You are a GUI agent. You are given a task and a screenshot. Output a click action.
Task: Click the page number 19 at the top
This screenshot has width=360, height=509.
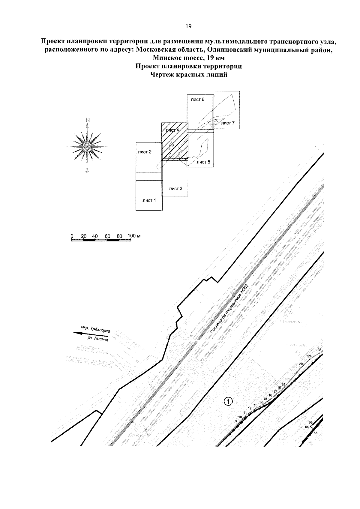[x=188, y=26]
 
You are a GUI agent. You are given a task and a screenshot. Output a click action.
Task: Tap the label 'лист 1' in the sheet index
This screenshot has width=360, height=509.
[x=149, y=200]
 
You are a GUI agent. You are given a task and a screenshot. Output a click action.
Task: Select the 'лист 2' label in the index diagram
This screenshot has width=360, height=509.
[x=145, y=152]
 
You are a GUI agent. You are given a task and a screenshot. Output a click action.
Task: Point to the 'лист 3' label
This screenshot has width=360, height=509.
[x=175, y=189]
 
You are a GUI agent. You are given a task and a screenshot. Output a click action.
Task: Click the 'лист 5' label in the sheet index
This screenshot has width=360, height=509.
[x=203, y=162]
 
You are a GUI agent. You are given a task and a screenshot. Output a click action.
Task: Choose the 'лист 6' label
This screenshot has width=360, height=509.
[x=197, y=99]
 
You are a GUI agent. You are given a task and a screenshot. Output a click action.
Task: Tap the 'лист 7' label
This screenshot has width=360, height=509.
[x=227, y=123]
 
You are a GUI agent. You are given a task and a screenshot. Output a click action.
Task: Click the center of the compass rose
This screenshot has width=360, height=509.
[x=87, y=146]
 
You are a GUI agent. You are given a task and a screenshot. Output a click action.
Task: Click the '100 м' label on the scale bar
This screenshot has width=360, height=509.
[x=134, y=235]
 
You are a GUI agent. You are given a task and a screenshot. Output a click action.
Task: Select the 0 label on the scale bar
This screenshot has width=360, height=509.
[x=72, y=236]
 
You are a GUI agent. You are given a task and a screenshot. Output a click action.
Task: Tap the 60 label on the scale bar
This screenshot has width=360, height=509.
[x=108, y=236]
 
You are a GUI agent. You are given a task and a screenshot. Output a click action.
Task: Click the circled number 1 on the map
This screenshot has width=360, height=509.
[x=228, y=401]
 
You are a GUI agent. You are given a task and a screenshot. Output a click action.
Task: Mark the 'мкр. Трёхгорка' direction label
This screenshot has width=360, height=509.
[x=96, y=329]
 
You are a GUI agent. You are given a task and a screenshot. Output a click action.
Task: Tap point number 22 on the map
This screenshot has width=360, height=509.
[x=319, y=350]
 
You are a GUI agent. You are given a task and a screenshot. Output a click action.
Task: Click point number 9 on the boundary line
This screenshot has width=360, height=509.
[x=236, y=421]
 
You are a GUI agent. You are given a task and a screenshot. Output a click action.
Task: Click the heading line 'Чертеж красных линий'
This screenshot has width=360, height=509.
[x=188, y=75]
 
